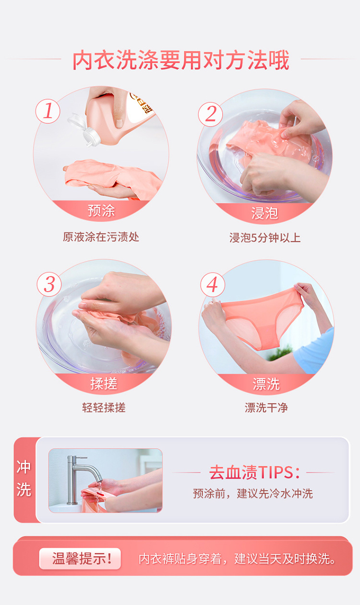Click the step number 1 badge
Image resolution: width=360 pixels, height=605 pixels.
click(x=48, y=111)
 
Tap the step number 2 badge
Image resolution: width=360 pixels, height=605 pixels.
click(x=211, y=114)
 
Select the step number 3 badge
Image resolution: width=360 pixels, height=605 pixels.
click(x=49, y=284)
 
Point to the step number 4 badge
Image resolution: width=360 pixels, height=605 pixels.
click(x=213, y=285)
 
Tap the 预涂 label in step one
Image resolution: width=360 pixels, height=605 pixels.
click(x=101, y=211)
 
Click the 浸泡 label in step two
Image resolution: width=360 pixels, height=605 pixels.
click(x=264, y=214)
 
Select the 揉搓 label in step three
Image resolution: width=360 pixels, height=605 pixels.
click(x=104, y=383)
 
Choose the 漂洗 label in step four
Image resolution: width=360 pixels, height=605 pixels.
click(x=266, y=384)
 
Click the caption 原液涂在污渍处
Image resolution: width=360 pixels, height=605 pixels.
click(x=101, y=237)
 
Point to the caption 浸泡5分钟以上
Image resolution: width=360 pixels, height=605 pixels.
click(x=265, y=237)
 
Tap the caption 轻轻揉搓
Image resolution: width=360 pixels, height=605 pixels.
click(x=104, y=407)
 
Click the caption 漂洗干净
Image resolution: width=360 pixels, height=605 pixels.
click(x=266, y=407)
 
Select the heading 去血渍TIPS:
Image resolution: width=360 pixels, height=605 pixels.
click(x=254, y=473)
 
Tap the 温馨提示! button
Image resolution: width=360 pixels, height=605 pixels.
click(x=80, y=558)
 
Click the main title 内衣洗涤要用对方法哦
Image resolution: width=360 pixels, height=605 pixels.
click(x=181, y=60)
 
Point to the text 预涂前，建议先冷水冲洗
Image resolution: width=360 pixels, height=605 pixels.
click(x=252, y=494)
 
